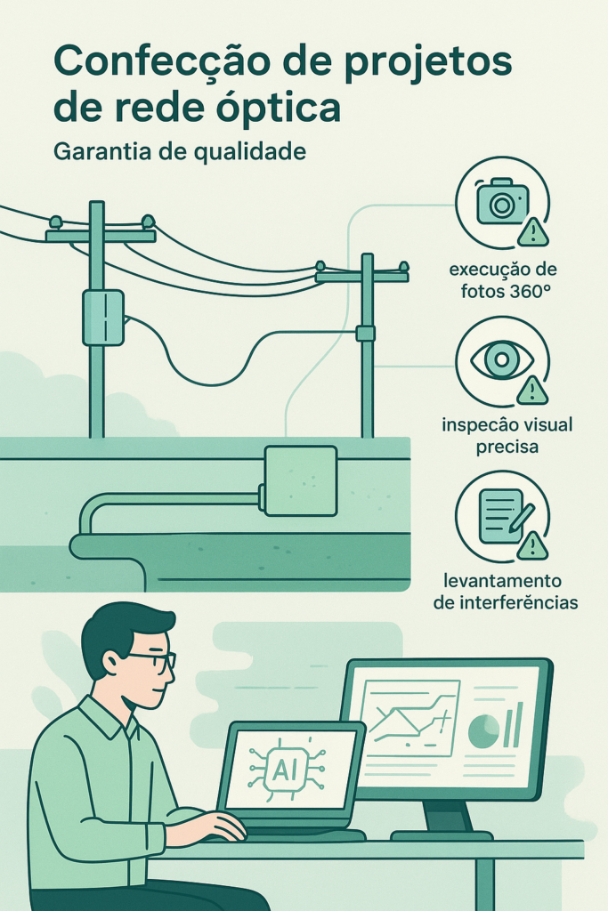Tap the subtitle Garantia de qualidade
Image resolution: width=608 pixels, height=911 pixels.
[180, 151]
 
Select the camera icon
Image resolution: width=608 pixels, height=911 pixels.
[502, 201]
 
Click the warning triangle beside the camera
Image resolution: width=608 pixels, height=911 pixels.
[532, 232]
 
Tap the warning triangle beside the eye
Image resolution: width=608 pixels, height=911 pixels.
[532, 390]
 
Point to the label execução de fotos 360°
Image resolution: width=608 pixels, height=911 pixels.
[503, 280]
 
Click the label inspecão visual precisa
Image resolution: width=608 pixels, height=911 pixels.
[507, 436]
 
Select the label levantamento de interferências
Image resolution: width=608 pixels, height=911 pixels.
[506, 592]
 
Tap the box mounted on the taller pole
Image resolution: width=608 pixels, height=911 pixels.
[103, 318]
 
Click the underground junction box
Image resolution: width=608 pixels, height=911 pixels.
[300, 480]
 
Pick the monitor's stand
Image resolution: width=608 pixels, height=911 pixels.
[442, 820]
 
